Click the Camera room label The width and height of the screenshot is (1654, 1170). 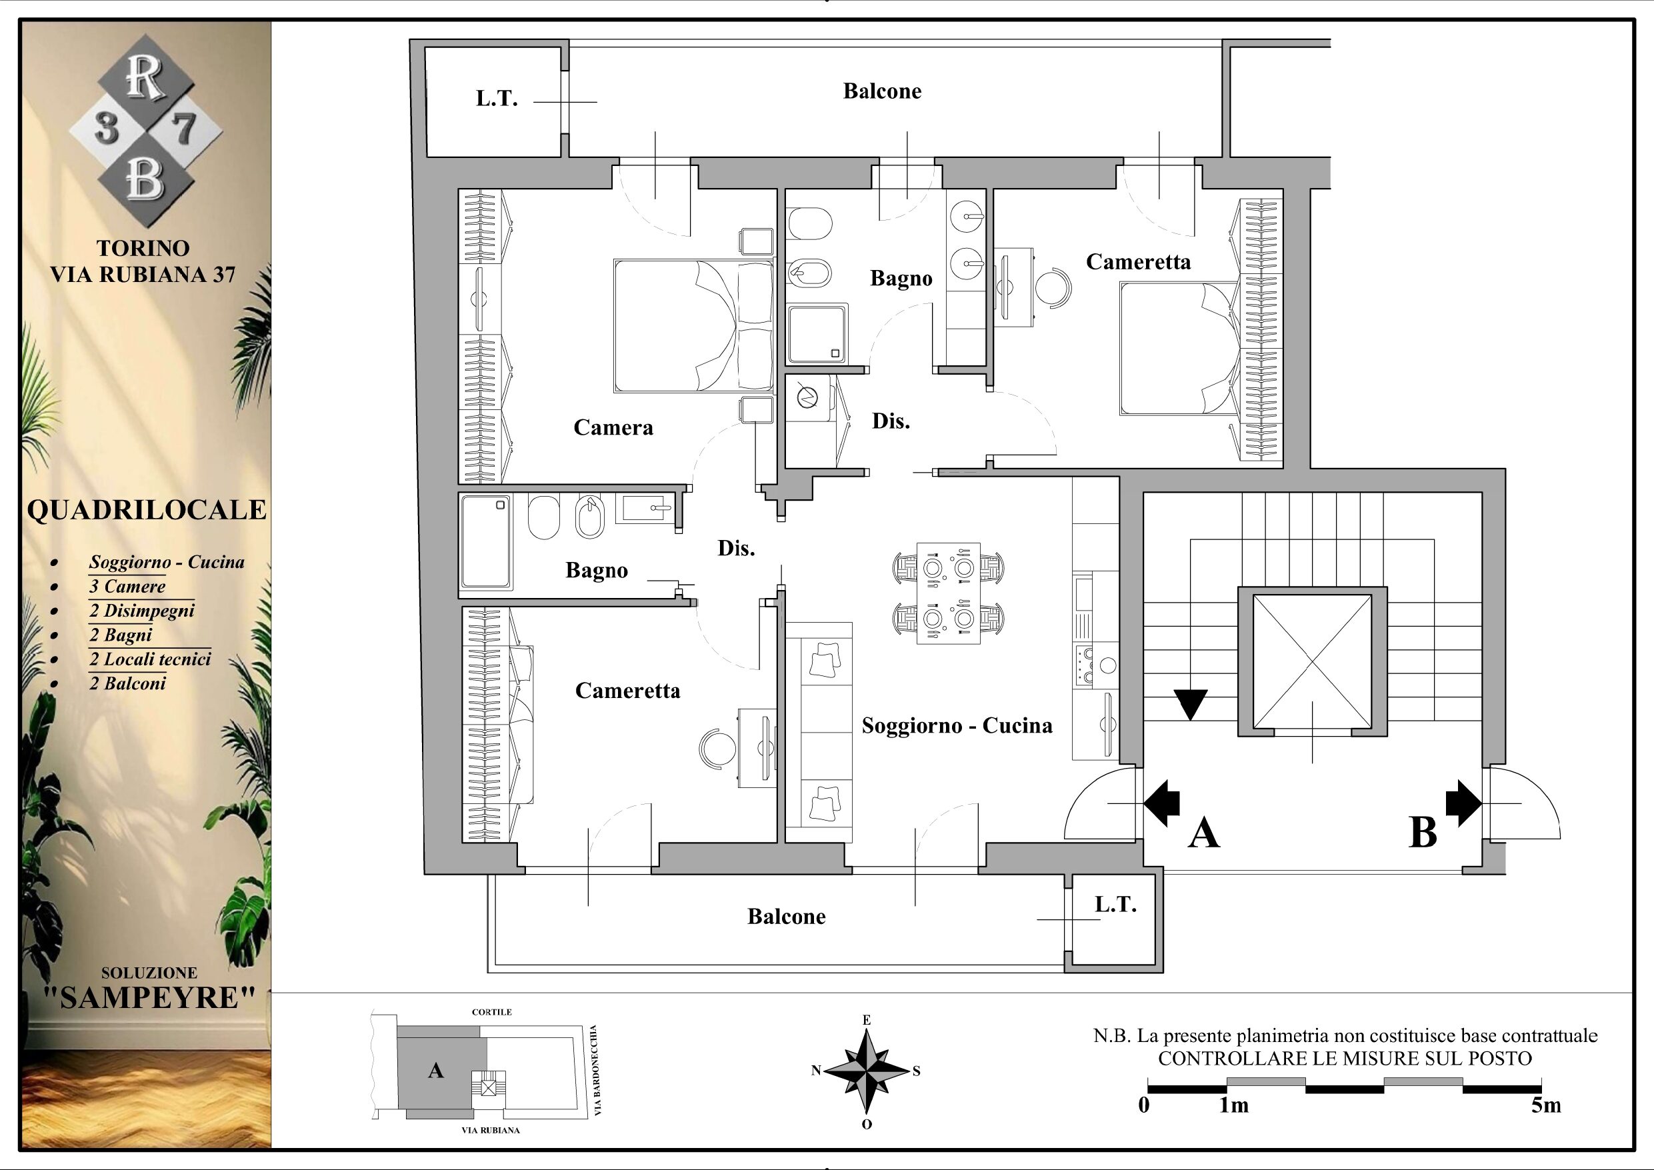pos(613,427)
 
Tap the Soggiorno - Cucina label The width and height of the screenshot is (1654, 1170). pos(957,725)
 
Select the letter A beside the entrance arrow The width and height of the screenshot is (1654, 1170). pos(1204,833)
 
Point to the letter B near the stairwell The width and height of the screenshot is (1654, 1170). pos(1423,833)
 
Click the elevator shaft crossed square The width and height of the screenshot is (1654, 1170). pos(1312,661)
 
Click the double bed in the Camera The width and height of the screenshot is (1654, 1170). pos(693,325)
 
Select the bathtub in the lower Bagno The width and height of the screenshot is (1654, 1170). pos(486,543)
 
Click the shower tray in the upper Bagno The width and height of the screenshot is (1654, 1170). pos(817,333)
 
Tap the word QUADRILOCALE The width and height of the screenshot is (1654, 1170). pos(147,510)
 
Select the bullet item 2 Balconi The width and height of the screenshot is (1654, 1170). pos(127,683)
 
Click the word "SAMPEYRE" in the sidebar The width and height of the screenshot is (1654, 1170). pos(150,998)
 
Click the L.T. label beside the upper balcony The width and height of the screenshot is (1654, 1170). pos(497,99)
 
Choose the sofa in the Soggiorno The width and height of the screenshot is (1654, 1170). pos(819,732)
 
